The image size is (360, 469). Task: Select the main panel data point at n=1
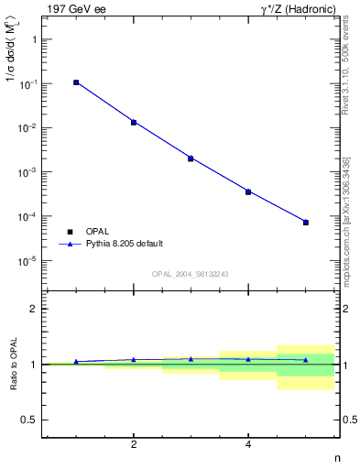(76, 82)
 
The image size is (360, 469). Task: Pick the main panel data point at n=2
(134, 122)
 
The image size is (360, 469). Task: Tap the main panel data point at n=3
(191, 158)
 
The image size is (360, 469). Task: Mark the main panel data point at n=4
(248, 191)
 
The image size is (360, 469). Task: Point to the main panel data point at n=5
(306, 223)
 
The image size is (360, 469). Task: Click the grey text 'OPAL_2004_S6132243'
(191, 273)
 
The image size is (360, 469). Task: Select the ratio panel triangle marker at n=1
(76, 362)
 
